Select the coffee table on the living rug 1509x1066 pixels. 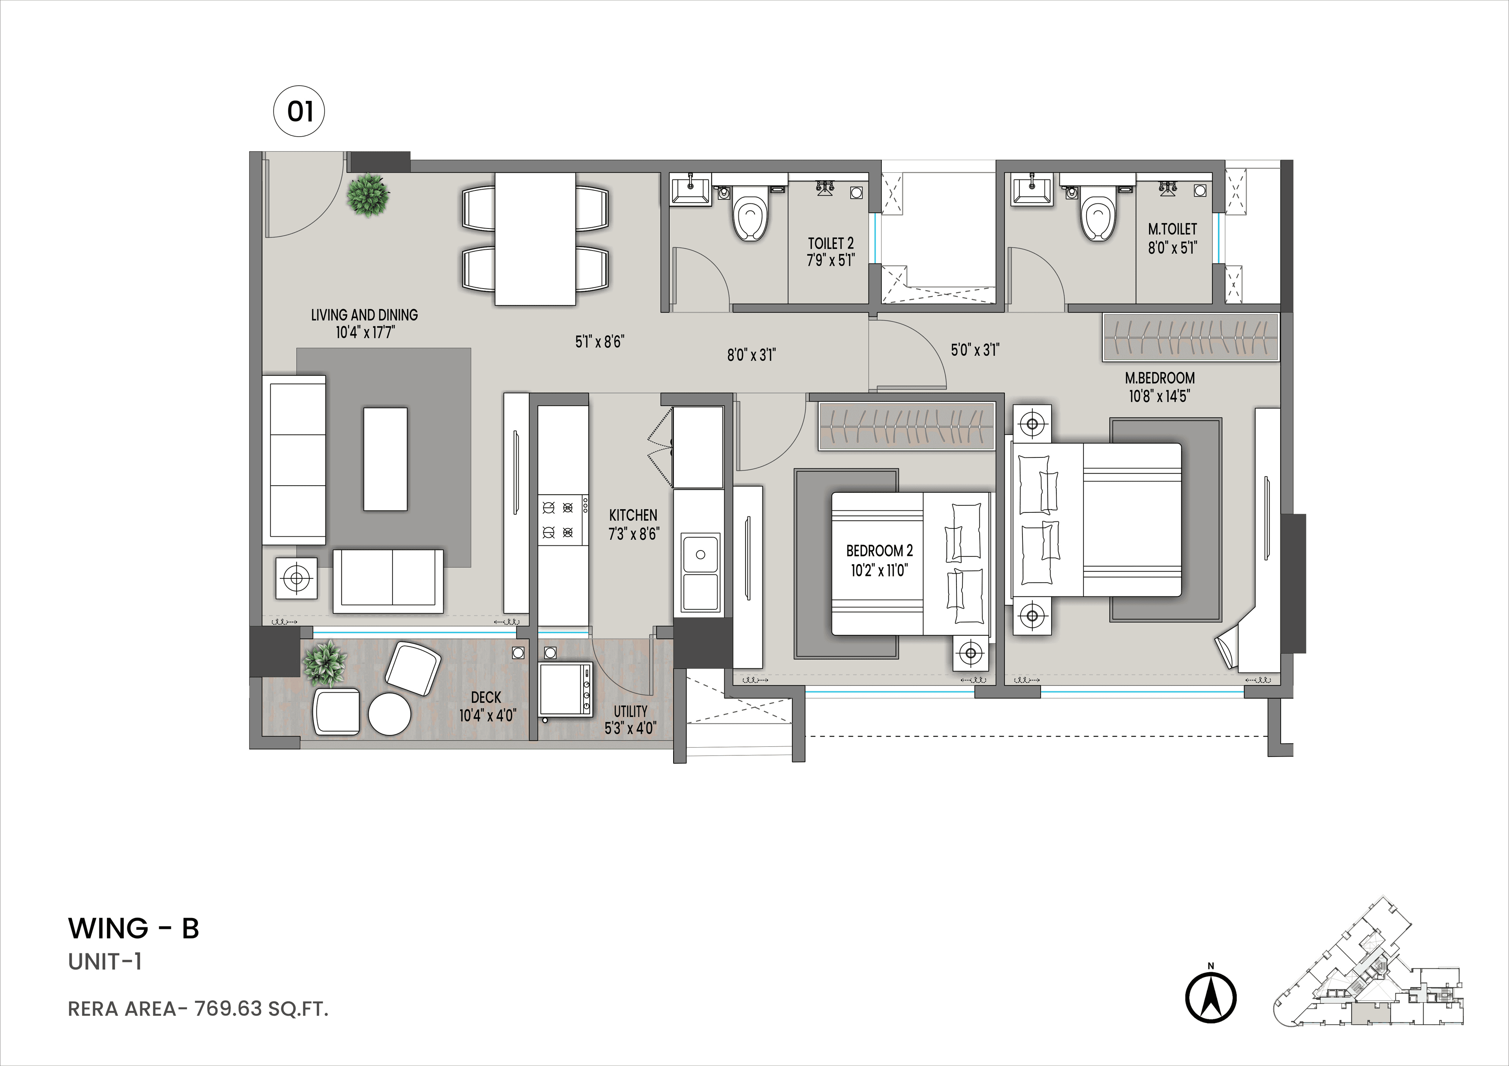coord(385,459)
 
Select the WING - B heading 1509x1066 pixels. coord(134,928)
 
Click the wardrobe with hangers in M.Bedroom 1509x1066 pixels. coord(1190,337)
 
